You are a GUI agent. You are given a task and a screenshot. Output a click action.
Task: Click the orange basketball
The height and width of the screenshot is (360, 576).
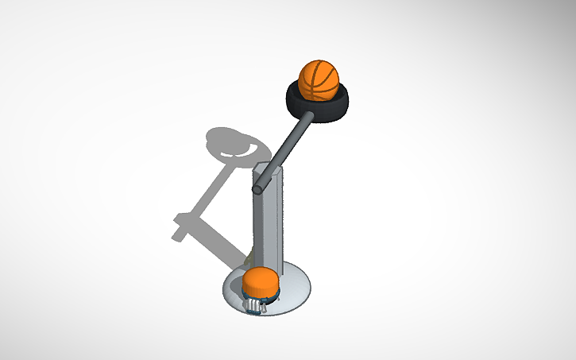pos(319,79)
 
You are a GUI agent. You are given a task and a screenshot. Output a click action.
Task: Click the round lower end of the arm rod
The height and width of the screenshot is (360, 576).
pos(258,190)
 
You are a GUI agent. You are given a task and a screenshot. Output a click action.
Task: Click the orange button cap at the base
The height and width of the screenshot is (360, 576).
pos(259,281)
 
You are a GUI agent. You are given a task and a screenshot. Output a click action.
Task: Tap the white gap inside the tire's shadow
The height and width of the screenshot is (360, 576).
pos(236,149)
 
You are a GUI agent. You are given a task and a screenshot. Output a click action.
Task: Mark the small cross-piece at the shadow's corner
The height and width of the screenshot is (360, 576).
pos(181,226)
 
